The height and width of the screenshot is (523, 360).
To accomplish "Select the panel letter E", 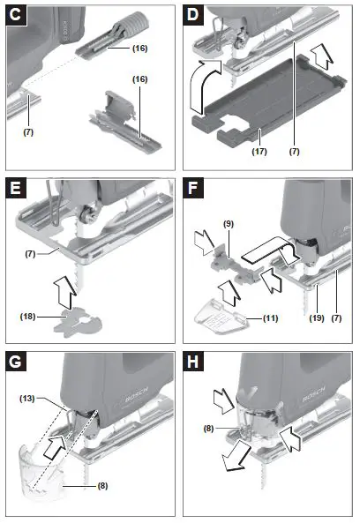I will pos(15,191).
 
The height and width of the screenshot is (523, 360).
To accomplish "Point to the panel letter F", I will pos(194,191).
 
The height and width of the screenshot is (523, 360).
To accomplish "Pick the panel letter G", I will pos(15,363).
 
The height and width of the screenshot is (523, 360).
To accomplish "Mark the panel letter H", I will pos(194,363).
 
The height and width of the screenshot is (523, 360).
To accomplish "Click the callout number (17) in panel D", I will pos(262,151).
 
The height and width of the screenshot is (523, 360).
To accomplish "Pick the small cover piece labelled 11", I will pos(217,310).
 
